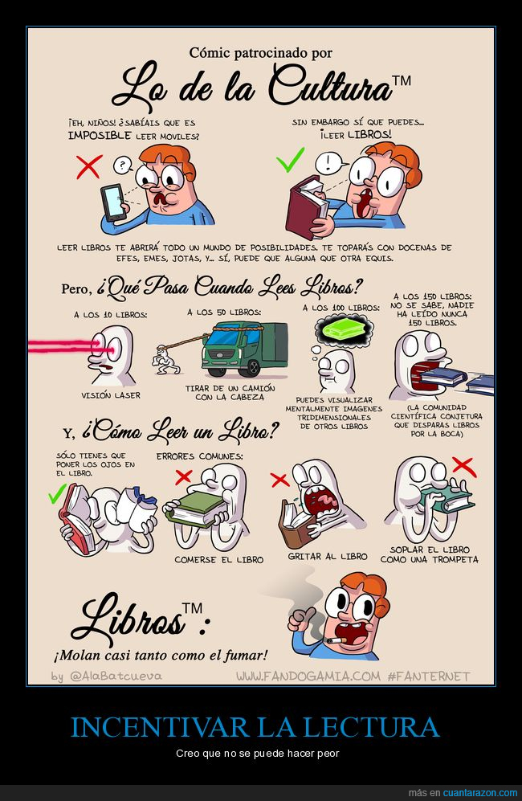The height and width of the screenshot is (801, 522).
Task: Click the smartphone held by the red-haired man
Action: (113, 202)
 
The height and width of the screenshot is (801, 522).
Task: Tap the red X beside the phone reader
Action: (89, 166)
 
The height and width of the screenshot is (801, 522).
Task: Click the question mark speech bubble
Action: (122, 165)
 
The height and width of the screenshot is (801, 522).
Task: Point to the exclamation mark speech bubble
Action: (327, 163)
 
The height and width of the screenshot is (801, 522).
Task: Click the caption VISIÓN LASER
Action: (110, 395)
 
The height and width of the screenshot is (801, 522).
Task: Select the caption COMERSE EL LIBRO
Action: (219, 560)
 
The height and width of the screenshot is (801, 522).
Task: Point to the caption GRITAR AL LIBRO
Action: (328, 556)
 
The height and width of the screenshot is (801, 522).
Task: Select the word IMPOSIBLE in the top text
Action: (100, 135)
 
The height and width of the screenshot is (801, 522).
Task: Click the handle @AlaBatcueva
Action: (116, 676)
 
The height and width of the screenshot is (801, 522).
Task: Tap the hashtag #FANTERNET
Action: (428, 676)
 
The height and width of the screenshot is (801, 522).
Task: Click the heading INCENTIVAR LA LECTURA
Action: (255, 727)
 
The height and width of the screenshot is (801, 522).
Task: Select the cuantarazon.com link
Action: (479, 793)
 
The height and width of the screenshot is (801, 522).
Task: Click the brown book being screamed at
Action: (297, 524)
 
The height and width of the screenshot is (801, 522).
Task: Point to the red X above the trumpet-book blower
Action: (463, 468)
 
